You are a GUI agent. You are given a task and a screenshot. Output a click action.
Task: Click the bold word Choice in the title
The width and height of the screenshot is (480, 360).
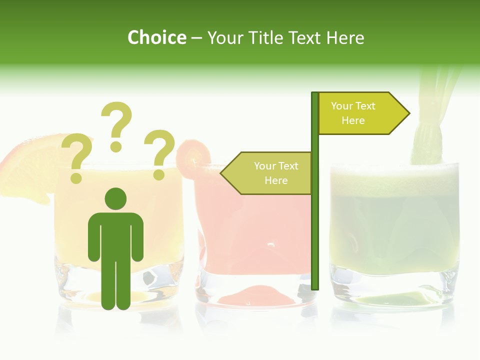tap(156, 37)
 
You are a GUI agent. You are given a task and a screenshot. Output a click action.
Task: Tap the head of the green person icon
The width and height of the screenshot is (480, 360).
tap(115, 199)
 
